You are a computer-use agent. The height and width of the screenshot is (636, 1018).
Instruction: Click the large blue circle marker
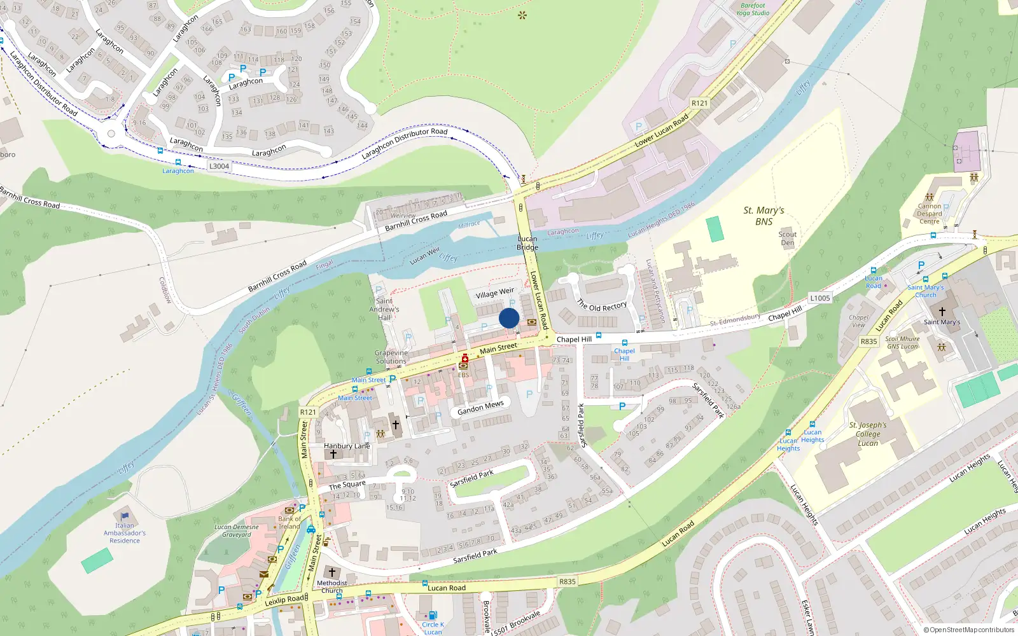[509, 318]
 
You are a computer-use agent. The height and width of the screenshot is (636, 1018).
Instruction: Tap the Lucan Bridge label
[527, 243]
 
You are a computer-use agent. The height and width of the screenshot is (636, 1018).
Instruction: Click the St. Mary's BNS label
[763, 216]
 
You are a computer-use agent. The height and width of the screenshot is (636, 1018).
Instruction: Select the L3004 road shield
[219, 166]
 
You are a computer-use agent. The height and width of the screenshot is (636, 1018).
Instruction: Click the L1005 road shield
[819, 298]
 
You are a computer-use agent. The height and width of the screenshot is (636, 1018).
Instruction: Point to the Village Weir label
[494, 293]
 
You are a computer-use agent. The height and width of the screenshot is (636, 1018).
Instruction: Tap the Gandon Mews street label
[480, 408]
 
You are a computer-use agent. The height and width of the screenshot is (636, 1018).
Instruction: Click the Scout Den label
[787, 238]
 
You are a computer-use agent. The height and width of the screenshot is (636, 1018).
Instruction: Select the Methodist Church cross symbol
[331, 572]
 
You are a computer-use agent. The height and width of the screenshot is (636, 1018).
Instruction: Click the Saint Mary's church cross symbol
[942, 311]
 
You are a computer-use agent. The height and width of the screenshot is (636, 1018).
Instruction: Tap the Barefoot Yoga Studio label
[753, 9]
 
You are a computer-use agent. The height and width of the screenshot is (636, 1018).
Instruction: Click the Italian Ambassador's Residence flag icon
[124, 516]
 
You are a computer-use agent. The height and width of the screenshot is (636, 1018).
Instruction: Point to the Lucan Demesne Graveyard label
[236, 530]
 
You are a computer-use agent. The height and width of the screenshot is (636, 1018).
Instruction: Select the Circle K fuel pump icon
[433, 615]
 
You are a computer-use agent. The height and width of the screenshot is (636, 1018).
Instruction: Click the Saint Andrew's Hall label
[384, 309]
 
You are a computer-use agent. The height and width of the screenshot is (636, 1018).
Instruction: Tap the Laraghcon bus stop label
[178, 170]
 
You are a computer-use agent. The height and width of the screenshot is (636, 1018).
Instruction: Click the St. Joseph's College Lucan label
[867, 434]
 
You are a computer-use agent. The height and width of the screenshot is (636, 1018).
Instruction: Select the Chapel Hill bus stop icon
[624, 342]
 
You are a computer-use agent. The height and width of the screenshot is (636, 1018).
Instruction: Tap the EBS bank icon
[463, 366]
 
